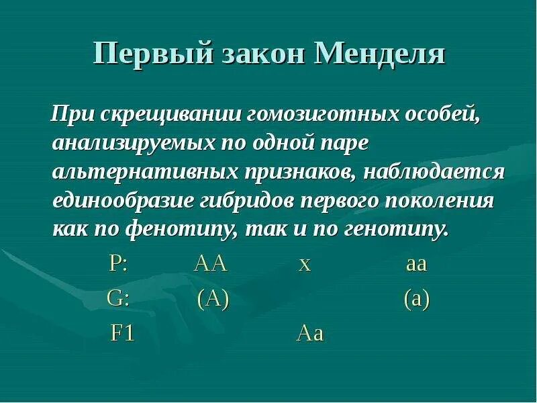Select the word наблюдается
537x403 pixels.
coord(434,171)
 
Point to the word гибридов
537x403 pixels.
coord(248,201)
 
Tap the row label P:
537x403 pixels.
coord(119,263)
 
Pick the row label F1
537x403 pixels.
coord(122,334)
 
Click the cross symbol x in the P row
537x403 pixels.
coord(305,264)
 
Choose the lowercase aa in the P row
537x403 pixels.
coord(416,264)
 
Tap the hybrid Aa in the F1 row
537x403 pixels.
coord(310,334)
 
